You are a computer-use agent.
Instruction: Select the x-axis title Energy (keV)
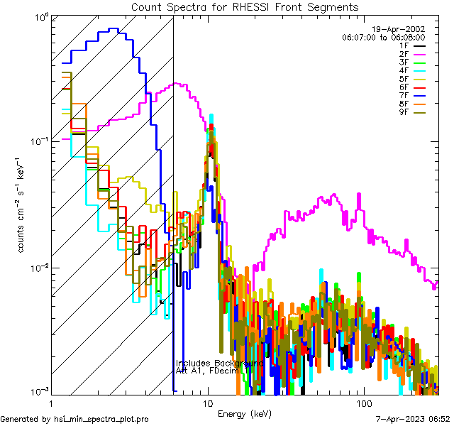[x=244, y=413]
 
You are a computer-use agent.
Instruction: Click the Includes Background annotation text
[x=219, y=363]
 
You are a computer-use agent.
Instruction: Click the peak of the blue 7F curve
[x=113, y=29]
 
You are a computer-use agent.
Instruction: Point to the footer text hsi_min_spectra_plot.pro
[x=101, y=420]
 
